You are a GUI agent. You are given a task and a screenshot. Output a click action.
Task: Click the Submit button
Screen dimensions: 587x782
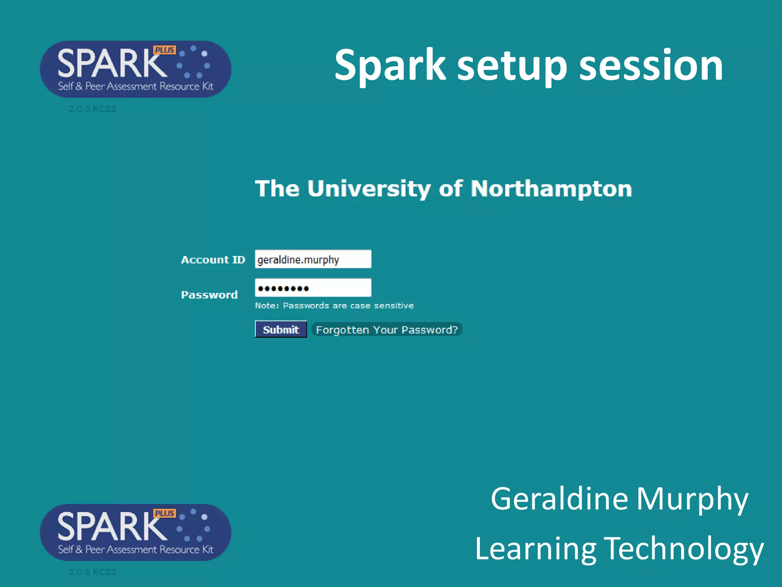pos(281,329)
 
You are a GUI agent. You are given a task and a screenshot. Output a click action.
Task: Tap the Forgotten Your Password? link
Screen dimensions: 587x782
pos(386,329)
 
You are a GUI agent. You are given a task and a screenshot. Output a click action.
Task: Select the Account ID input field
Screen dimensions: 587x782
pos(313,259)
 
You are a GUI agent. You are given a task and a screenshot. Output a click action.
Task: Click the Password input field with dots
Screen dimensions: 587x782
pos(313,288)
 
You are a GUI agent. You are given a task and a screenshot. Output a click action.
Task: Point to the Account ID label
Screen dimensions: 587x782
pos(213,260)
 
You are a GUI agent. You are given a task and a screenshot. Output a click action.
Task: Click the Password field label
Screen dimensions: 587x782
pos(209,295)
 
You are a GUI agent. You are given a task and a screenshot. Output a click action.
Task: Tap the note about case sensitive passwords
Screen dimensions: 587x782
pos(334,306)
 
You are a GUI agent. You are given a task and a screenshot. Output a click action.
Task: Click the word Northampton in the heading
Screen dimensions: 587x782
pos(551,188)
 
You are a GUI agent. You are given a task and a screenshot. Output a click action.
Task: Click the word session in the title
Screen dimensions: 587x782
pos(651,65)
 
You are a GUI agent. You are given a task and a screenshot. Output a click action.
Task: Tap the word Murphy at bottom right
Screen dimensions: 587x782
pos(692,499)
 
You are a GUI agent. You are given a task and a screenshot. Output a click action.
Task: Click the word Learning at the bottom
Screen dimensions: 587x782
pos(535,548)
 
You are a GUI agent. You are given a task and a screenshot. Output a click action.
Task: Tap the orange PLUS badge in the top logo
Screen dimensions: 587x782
pos(164,50)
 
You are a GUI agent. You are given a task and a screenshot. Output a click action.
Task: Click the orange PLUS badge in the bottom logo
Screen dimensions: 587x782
pos(164,513)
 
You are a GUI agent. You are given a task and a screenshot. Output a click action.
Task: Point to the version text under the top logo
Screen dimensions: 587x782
pos(92,109)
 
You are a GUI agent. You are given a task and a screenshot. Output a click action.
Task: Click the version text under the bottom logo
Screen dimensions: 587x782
pos(92,572)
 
